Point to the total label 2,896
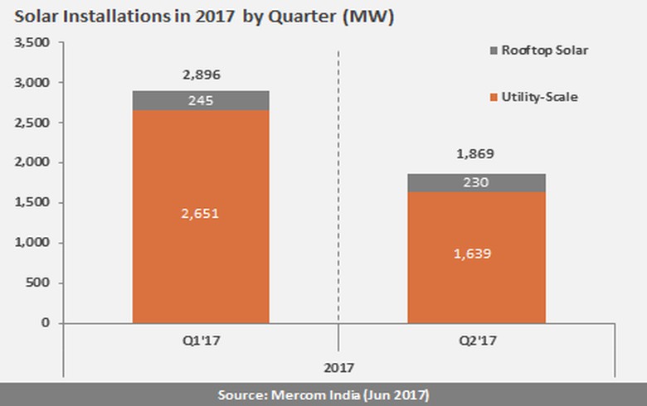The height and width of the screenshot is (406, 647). point(201,75)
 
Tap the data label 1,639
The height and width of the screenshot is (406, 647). point(475,254)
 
